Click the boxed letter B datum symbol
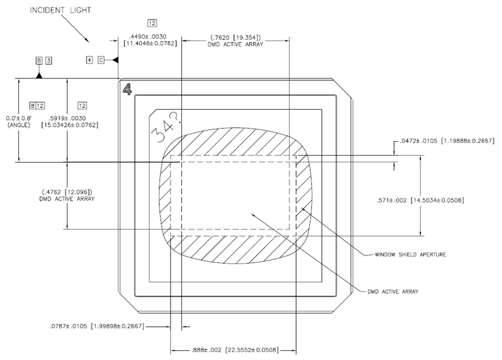click(x=39, y=61)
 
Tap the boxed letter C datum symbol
click(x=101, y=60)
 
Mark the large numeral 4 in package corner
click(x=127, y=90)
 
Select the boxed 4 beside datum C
click(x=89, y=60)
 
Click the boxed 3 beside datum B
click(x=48, y=61)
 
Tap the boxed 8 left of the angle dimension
click(x=33, y=105)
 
